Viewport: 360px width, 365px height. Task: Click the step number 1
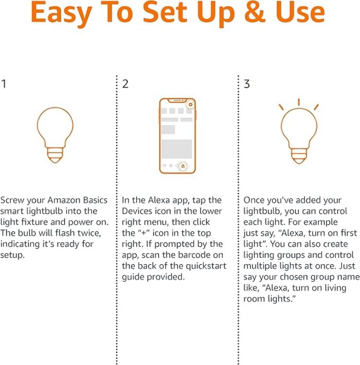(4, 84)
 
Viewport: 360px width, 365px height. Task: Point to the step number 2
(126, 84)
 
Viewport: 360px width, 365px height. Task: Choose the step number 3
(247, 84)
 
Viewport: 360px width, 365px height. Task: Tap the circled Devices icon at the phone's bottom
(182, 166)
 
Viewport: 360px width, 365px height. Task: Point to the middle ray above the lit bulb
(298, 102)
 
